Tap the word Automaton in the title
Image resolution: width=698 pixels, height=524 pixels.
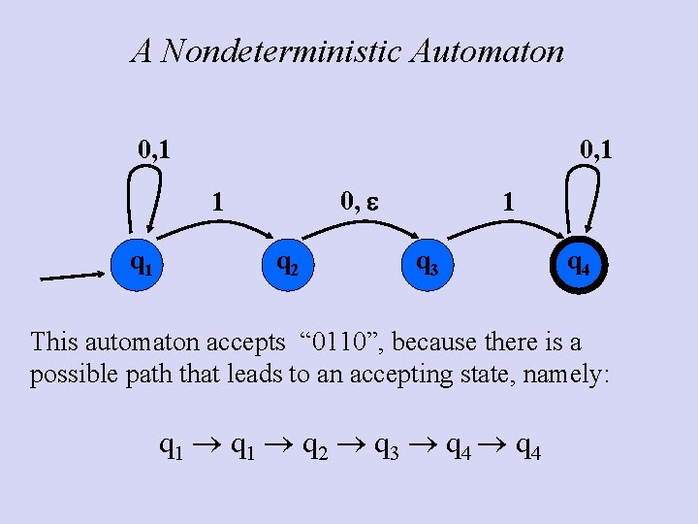pyautogui.click(x=488, y=50)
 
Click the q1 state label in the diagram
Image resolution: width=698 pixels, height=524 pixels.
pyautogui.click(x=142, y=261)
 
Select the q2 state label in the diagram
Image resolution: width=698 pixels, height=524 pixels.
pyautogui.click(x=287, y=261)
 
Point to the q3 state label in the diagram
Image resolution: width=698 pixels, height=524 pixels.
pyautogui.click(x=428, y=261)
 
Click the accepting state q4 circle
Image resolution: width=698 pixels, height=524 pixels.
pyautogui.click(x=577, y=263)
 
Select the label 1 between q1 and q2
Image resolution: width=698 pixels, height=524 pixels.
pyautogui.click(x=219, y=202)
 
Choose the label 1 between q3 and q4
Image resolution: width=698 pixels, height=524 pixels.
pyautogui.click(x=506, y=202)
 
